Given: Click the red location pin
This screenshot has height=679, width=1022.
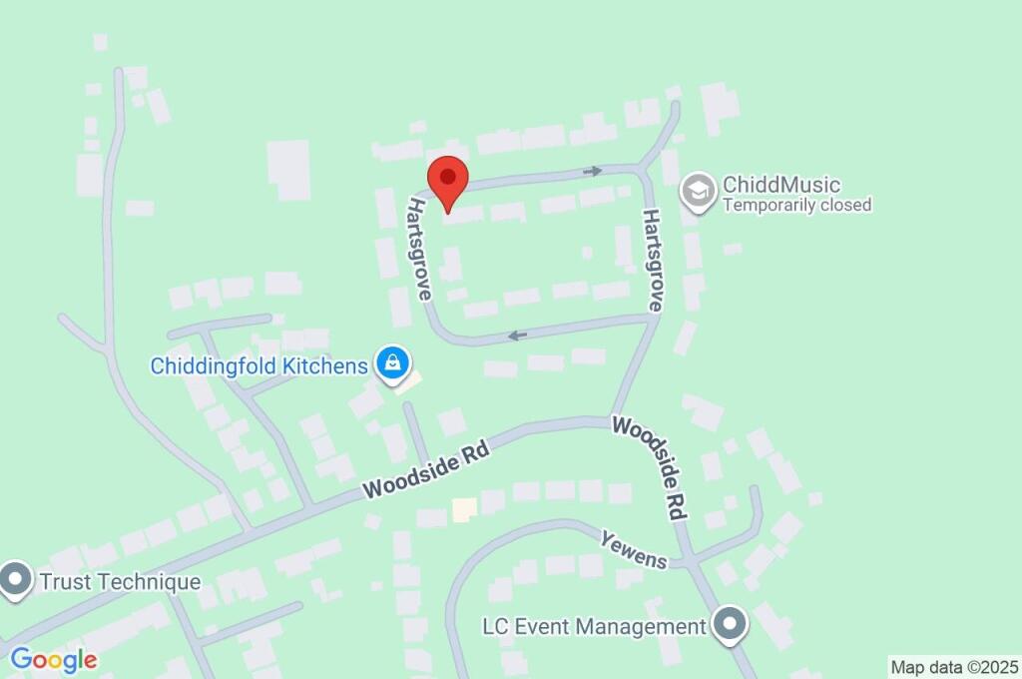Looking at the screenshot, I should click(x=448, y=181).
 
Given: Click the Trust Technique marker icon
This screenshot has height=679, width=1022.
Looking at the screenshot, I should click(x=16, y=579).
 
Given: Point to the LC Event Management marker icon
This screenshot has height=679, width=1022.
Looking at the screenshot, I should click(x=732, y=626).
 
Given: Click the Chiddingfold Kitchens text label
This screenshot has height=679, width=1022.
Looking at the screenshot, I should click(x=259, y=365).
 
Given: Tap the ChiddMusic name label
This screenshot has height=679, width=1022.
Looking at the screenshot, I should click(x=781, y=185).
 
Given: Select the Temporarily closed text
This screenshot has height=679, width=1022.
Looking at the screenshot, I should click(x=796, y=206).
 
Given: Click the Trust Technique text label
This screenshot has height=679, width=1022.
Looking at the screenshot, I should click(x=120, y=581).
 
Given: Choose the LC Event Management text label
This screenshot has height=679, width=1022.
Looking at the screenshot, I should click(x=594, y=627).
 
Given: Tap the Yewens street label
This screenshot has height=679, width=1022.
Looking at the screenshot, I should click(x=633, y=550).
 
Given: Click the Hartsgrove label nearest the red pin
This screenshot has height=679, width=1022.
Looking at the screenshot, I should click(x=419, y=249).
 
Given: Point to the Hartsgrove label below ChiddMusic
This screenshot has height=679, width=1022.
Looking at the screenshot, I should click(x=653, y=261).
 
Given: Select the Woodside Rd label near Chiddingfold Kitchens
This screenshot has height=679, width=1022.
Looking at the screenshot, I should click(x=427, y=472).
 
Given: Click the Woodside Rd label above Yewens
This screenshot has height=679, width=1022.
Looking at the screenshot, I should click(x=651, y=467).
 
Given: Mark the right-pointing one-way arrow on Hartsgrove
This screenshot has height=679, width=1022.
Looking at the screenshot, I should click(x=593, y=172).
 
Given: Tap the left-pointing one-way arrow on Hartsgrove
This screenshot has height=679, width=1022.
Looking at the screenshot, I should click(x=517, y=335).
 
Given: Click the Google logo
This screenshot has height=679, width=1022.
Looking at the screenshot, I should click(x=54, y=660).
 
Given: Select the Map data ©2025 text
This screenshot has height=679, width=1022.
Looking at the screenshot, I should click(x=954, y=667).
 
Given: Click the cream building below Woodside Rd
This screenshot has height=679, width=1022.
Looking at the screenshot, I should click(x=464, y=510).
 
